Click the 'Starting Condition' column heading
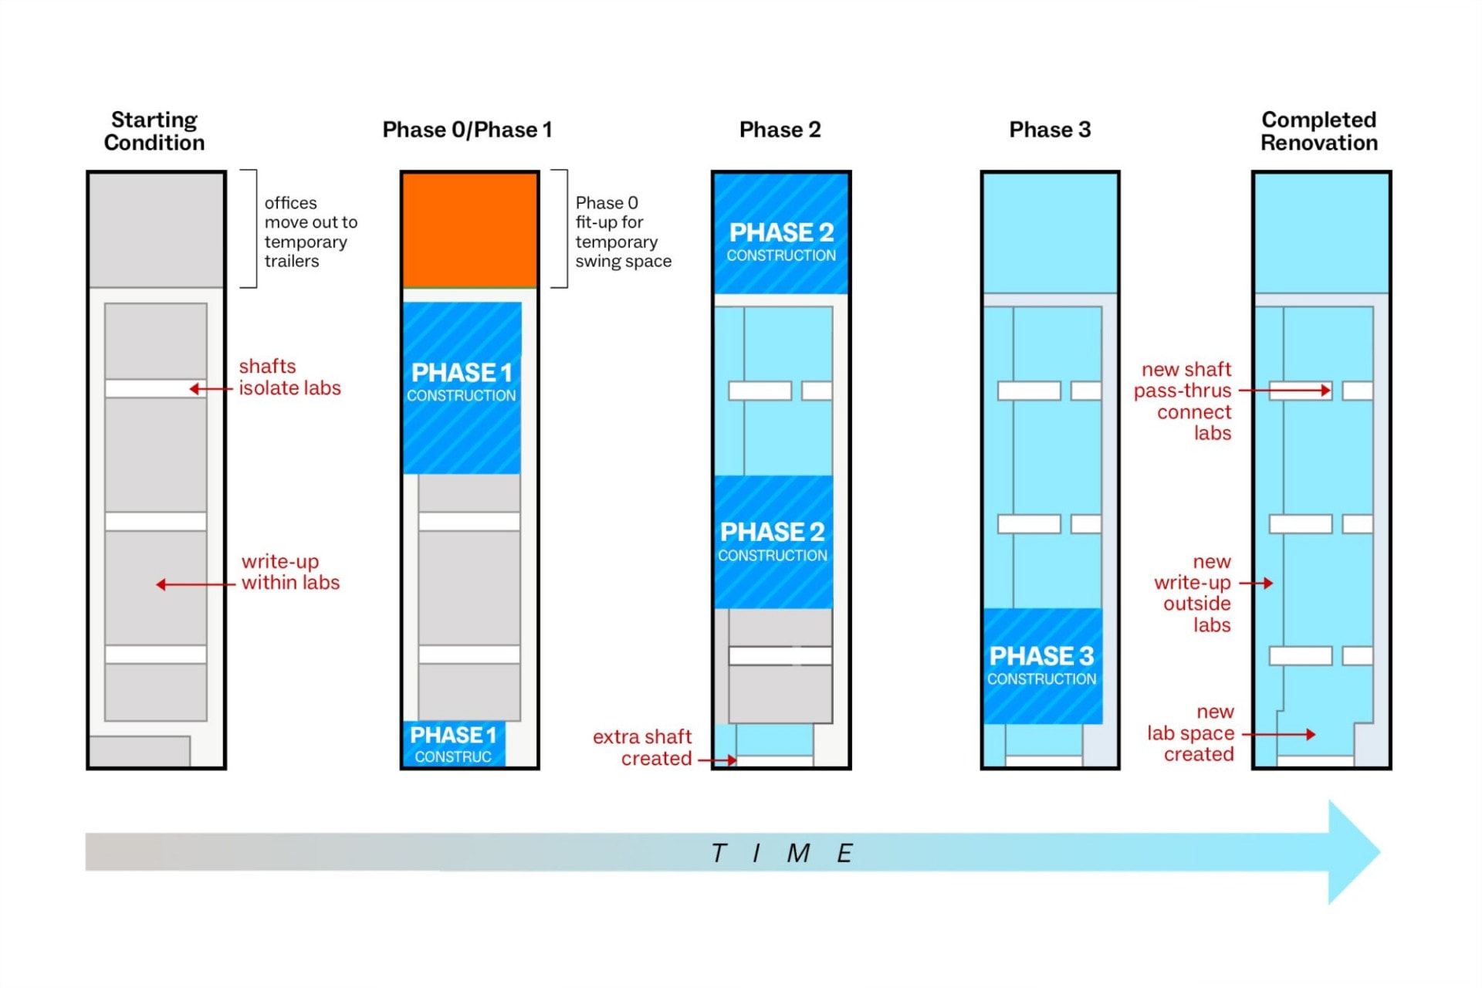pos(154,131)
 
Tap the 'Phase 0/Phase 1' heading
pos(467,130)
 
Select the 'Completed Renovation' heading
pos(1318,131)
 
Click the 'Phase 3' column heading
pos(1050,130)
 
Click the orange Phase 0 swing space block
pos(469,229)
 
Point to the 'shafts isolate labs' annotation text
pos(289,377)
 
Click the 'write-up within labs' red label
pos(290,572)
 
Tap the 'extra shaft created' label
pos(642,747)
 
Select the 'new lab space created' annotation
pos(1191,733)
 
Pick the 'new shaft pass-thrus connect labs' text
pos(1183,401)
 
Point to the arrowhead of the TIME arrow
pos(1354,851)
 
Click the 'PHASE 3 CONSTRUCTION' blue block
pos(1042,665)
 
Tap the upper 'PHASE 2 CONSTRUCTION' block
pos(781,242)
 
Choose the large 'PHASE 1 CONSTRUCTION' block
pos(462,382)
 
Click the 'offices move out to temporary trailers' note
pos(310,232)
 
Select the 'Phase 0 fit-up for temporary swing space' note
pos(623,232)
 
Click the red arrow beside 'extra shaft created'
pos(717,760)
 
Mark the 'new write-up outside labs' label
pos(1193,593)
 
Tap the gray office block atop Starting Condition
pos(156,229)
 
